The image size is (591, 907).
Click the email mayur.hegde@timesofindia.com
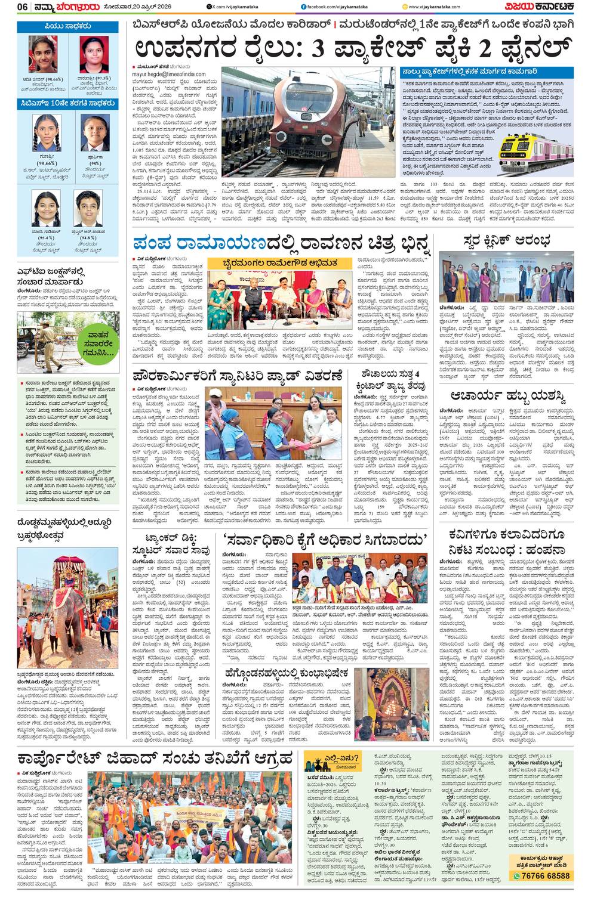click(168, 75)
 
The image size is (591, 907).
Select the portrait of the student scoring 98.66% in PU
click(43, 54)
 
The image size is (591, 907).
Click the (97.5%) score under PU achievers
click(95, 78)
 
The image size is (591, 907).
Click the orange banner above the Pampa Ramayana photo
click(279, 263)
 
